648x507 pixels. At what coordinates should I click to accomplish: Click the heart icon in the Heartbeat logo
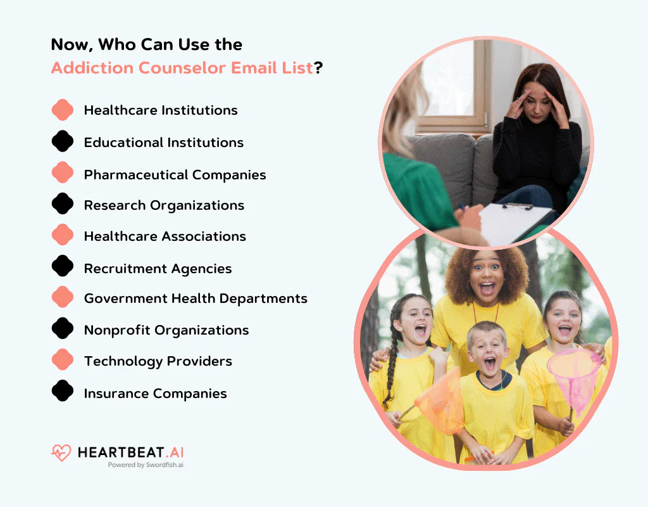pyautogui.click(x=61, y=453)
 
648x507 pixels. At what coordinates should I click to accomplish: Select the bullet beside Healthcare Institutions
pyautogui.click(x=63, y=110)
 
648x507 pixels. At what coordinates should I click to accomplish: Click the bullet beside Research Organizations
pyautogui.click(x=63, y=203)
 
